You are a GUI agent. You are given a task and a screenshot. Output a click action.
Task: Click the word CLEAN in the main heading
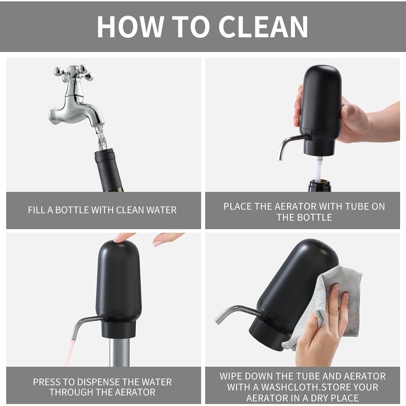pyautogui.click(x=263, y=27)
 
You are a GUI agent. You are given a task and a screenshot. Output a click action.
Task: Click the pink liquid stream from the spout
pyautogui.click(x=71, y=352)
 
